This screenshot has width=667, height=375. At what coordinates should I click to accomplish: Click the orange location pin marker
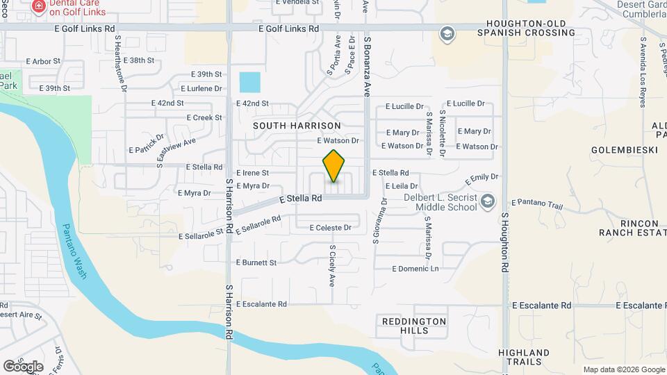(x=334, y=166)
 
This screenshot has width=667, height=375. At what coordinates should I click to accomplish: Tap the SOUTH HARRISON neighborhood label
(x=297, y=126)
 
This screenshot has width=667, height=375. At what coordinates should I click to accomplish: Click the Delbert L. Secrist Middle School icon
(x=488, y=201)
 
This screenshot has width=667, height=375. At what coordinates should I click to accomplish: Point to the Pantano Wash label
(x=74, y=251)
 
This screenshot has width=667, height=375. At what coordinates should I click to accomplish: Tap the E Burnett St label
(x=256, y=262)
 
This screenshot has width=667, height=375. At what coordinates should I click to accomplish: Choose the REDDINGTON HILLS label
(x=414, y=326)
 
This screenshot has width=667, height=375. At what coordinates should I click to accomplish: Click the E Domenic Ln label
(x=415, y=269)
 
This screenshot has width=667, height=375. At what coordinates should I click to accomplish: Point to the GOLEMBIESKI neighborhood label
(x=620, y=150)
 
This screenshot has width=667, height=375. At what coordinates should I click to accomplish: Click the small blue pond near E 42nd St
(x=250, y=83)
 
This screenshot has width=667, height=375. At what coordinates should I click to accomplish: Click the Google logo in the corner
(x=23, y=366)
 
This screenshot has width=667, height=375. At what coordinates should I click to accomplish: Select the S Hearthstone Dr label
(x=122, y=63)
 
